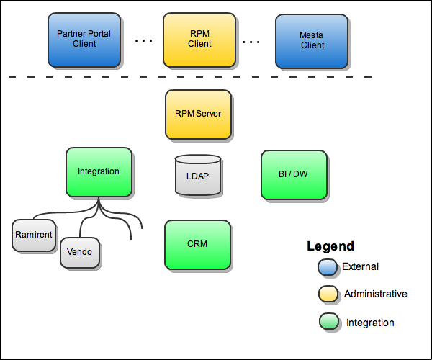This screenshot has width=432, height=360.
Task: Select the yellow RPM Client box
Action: (199, 38)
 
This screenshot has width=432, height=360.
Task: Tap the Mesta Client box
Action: (312, 40)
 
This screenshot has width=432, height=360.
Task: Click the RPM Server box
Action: (198, 114)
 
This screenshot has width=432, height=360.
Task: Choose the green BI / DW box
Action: (293, 174)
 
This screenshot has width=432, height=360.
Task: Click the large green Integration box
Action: (99, 171)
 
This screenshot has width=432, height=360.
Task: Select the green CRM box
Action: (197, 244)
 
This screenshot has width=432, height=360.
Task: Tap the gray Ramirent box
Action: (34, 235)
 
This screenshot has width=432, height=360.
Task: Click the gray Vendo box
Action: (79, 252)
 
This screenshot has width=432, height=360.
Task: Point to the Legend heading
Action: (330, 246)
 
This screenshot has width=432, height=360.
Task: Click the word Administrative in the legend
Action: (375, 294)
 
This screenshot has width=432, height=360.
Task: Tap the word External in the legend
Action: (360, 266)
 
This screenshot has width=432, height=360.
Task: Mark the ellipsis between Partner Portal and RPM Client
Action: (144, 41)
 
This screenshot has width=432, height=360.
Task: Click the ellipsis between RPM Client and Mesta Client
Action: (251, 41)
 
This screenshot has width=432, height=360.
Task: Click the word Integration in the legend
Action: (370, 323)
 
